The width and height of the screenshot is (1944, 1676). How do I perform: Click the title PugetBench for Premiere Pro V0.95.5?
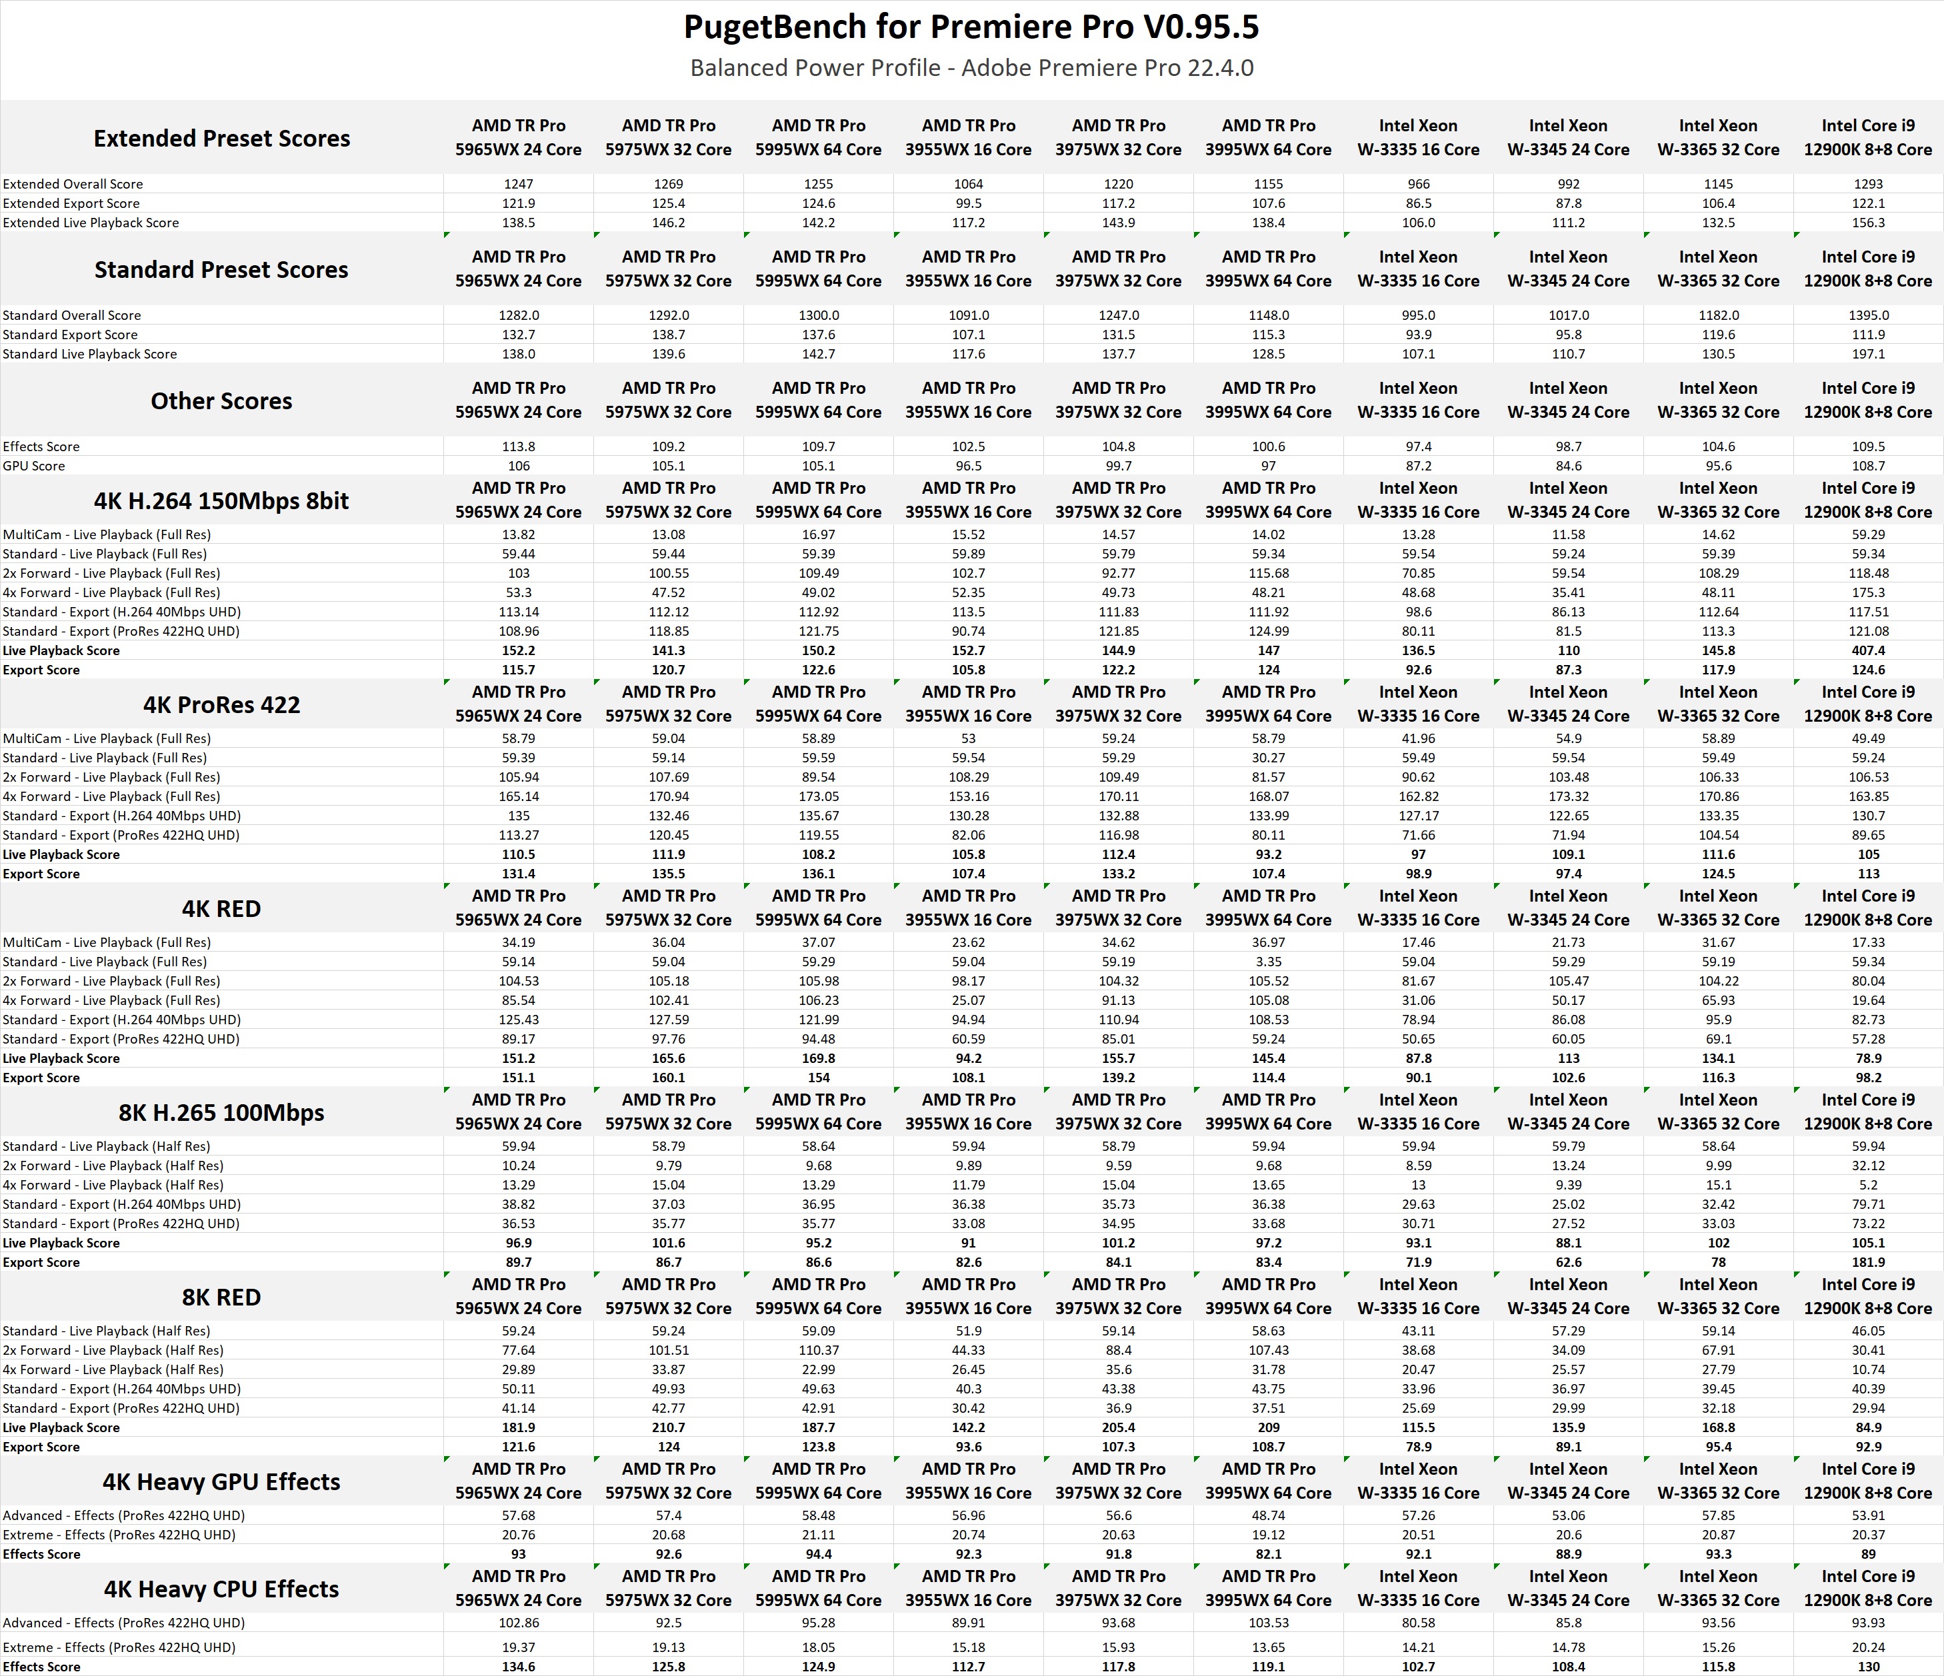[x=971, y=28]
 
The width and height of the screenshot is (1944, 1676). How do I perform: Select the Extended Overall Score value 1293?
[x=1868, y=184]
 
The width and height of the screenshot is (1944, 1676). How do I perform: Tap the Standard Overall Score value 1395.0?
[x=1868, y=315]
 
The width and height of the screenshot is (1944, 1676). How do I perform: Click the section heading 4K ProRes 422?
[x=221, y=704]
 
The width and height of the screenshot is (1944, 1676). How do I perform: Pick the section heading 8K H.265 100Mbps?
[x=221, y=1112]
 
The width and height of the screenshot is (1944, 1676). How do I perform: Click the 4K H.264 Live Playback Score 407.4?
[x=1868, y=650]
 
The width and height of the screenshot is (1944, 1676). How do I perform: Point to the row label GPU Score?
[x=34, y=466]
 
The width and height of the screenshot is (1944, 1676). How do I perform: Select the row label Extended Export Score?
[x=71, y=203]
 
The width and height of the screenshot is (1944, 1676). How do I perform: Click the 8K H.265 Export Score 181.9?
[x=1868, y=1262]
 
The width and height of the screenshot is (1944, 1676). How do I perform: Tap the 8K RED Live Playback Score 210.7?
[x=668, y=1427]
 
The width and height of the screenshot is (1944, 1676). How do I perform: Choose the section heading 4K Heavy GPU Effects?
[x=221, y=1482]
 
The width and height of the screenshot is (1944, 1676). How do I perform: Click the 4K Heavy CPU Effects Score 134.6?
[x=518, y=1667]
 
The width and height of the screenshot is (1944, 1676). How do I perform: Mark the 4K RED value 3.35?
[x=1269, y=962]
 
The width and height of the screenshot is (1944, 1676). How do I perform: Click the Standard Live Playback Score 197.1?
[x=1868, y=354]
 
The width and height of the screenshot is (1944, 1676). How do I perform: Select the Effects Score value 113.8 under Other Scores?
[x=518, y=446]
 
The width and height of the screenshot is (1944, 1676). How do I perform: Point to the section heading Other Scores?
[x=221, y=401]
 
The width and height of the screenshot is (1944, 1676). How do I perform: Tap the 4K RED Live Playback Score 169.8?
[x=818, y=1058]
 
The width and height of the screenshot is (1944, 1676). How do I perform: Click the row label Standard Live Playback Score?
[x=90, y=354]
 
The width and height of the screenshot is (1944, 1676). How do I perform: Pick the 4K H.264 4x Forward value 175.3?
[x=1868, y=592]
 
